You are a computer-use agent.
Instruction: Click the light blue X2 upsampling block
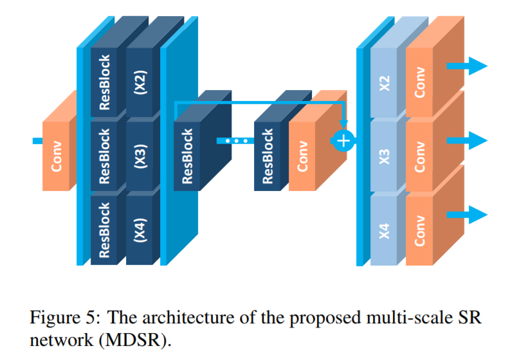(385, 83)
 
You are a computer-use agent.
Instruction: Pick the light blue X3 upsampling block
(385, 156)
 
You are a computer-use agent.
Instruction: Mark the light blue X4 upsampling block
(385, 230)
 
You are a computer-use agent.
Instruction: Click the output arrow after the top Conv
(467, 65)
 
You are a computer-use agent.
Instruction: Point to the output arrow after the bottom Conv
(467, 213)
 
